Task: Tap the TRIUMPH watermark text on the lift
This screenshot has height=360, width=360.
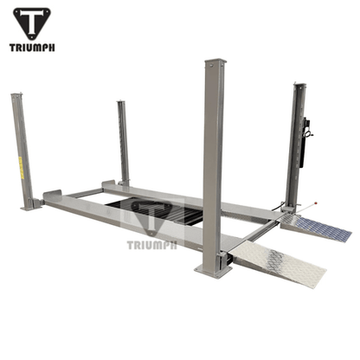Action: (x=151, y=243)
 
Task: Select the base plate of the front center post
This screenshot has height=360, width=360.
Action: (x=213, y=270)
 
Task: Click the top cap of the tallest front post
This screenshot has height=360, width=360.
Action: (x=214, y=62)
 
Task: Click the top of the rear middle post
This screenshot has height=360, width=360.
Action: (x=122, y=102)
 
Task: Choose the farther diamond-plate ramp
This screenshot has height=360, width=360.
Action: (x=318, y=228)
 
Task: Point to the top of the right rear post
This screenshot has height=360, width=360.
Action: (x=299, y=85)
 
